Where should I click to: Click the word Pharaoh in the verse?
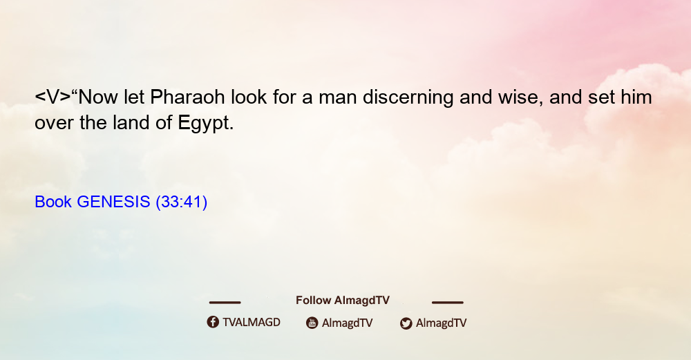(187, 97)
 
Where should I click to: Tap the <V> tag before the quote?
(53, 97)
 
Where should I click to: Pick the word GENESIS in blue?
(114, 202)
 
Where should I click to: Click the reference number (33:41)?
(182, 202)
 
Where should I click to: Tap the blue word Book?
(53, 202)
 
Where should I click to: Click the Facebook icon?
(213, 322)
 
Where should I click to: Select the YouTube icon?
(312, 323)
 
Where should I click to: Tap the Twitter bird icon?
(406, 323)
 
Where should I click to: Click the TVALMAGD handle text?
(252, 323)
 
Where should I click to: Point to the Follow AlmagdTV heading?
(343, 301)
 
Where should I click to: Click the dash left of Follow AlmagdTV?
(225, 303)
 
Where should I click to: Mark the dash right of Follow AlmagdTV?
(448, 303)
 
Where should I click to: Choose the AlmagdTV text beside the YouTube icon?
(348, 323)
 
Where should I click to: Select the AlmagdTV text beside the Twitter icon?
(441, 323)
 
